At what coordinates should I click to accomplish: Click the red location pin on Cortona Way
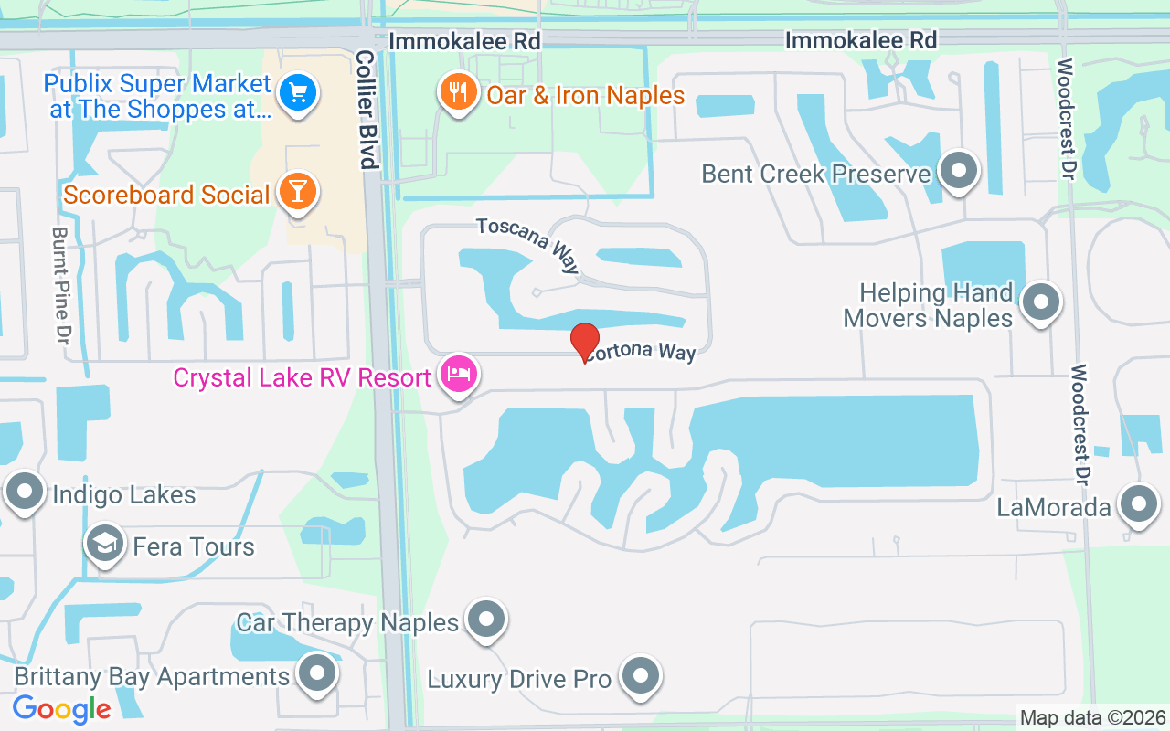pos(585,341)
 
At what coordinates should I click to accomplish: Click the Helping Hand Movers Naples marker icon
pos(1039,302)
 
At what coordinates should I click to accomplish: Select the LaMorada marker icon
pos(1139,503)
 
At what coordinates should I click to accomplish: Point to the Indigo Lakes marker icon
pos(25,492)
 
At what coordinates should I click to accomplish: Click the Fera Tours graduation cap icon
pos(105,544)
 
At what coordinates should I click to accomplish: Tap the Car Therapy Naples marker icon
pos(486,620)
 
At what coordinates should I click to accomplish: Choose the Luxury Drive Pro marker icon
pos(640,676)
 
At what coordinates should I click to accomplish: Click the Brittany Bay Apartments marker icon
pos(318,673)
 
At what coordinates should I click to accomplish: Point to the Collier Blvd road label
pos(367,110)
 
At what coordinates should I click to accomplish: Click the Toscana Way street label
pos(527,245)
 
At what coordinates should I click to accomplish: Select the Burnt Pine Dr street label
pos(60,286)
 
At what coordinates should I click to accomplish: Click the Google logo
pos(61,708)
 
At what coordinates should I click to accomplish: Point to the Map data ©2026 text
pos(1093,717)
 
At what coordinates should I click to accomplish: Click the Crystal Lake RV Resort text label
pos(302,377)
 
